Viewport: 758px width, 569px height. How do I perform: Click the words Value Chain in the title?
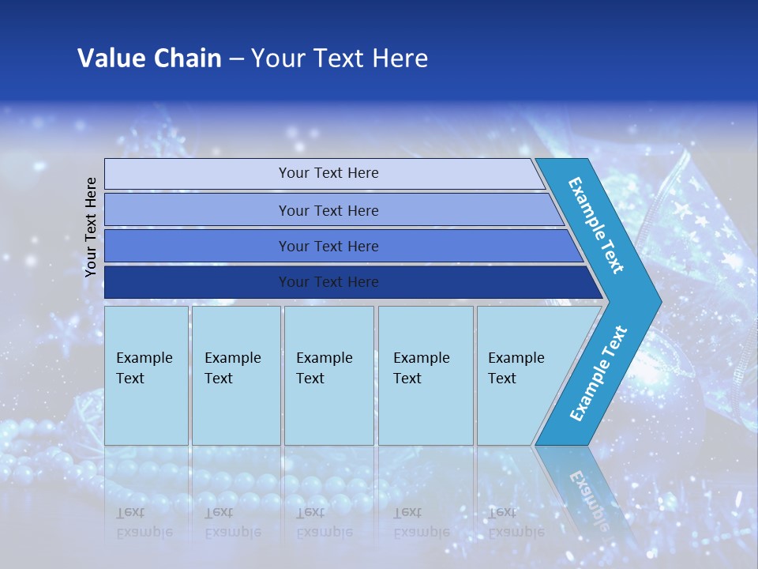point(149,58)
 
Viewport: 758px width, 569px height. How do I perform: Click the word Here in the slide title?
point(400,58)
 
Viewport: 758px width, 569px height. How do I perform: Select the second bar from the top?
point(328,210)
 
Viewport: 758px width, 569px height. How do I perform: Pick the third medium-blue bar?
point(328,246)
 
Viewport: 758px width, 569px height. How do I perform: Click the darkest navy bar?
point(328,282)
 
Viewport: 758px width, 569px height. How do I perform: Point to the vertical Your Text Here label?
point(91,227)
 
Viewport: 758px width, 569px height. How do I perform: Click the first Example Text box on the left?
point(146,375)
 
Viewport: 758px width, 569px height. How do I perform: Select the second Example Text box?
point(235,375)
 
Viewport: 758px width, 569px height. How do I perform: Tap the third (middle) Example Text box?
point(328,375)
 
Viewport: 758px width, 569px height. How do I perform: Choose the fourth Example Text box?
point(426,375)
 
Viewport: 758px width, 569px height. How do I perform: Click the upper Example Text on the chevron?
point(596,225)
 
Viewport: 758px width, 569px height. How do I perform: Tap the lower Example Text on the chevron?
point(599,373)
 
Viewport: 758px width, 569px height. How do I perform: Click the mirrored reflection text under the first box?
point(144,522)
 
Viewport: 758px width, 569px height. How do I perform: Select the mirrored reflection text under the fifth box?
point(516,522)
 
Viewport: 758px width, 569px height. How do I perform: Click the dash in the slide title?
point(236,58)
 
